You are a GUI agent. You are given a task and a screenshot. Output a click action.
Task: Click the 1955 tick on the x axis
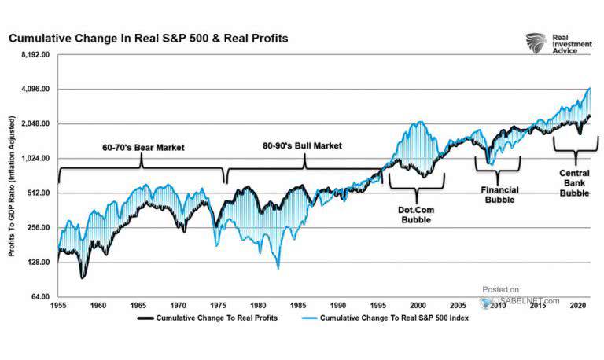pyautogui.click(x=58, y=304)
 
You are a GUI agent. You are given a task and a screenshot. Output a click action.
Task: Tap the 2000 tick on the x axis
pyautogui.click(x=418, y=304)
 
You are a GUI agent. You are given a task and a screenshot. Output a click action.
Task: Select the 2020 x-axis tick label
pyautogui.click(x=577, y=304)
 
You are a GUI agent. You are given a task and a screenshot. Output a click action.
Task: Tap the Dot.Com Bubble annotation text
pyautogui.click(x=417, y=215)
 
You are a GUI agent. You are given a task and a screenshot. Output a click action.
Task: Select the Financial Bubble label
pyautogui.click(x=497, y=194)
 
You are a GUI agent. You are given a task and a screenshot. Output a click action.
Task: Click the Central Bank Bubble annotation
pyautogui.click(x=574, y=183)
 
